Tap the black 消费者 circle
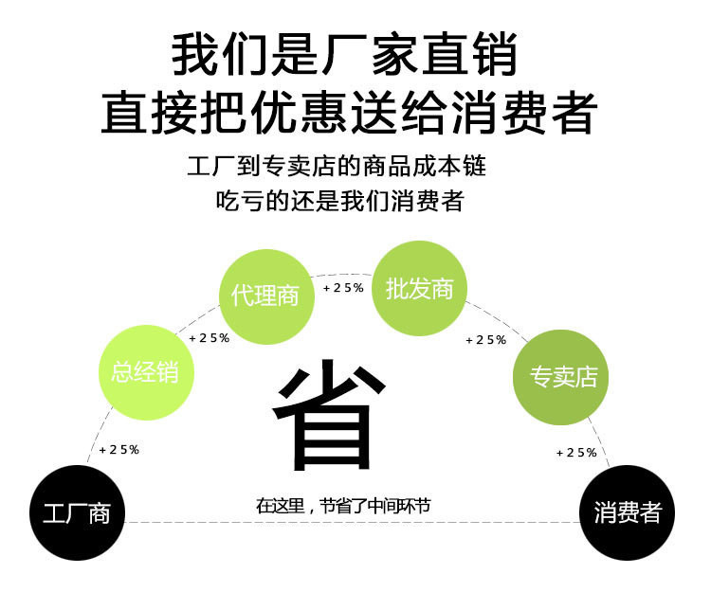(627, 512)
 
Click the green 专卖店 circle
(562, 377)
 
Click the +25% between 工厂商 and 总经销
(119, 449)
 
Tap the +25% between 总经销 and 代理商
(210, 338)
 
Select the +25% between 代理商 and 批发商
(343, 287)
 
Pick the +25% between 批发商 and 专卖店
(486, 339)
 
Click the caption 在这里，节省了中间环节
(343, 506)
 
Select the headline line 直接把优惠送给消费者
(348, 113)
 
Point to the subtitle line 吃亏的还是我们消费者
(340, 201)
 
